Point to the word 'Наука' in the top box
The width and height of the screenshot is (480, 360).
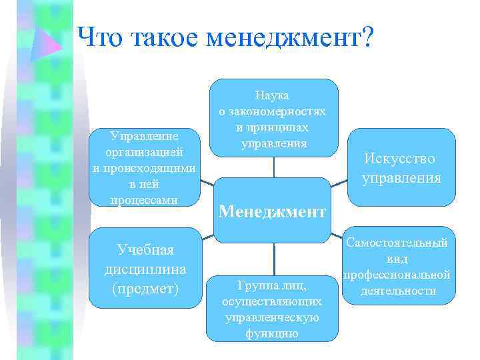coord(273,97)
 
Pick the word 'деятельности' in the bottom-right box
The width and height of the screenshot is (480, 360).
coord(397,291)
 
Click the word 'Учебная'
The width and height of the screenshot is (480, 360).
coord(145,250)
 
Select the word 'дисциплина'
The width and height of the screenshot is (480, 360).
coord(145,270)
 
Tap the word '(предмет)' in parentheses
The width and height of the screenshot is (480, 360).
coord(145,290)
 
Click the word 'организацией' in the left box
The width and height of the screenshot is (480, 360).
coord(145,152)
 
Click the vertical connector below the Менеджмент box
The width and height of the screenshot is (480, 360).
coord(274,256)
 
